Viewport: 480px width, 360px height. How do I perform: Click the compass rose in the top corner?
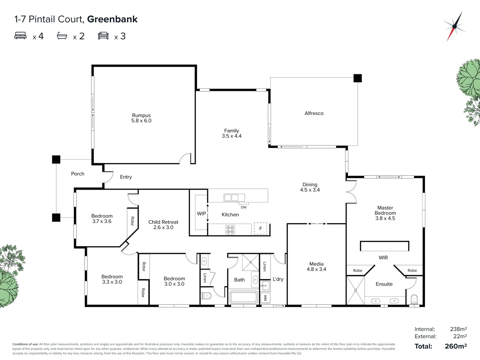tap(454, 26)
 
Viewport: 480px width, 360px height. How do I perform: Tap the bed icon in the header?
tap(20, 36)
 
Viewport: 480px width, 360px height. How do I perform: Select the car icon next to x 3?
tap(103, 36)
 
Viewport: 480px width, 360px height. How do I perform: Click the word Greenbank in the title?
tap(112, 19)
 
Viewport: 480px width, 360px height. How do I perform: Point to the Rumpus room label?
tap(141, 115)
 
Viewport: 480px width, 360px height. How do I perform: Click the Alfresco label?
tap(314, 113)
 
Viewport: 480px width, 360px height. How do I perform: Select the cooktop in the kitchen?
tap(230, 229)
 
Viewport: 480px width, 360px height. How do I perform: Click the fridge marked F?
tap(261, 228)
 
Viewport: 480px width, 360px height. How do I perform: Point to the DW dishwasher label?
tap(244, 207)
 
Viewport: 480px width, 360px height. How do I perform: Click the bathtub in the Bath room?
tap(244, 297)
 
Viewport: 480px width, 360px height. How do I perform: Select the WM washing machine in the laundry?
tap(265, 297)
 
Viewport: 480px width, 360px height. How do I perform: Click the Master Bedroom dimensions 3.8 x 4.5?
tap(385, 218)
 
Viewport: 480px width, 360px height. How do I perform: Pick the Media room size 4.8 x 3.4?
tap(316, 269)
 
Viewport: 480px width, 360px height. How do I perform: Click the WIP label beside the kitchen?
tap(201, 214)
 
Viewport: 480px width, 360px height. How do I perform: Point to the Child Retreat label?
tap(163, 222)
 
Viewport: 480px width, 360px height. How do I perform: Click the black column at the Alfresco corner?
tap(358, 78)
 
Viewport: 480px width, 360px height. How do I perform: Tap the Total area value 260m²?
tap(456, 346)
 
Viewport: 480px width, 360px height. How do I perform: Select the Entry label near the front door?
tap(126, 177)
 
